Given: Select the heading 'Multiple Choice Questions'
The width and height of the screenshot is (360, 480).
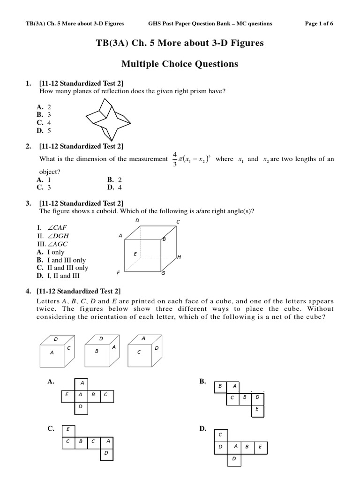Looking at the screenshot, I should coord(180,64).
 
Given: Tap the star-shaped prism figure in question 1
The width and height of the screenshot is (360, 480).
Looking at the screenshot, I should coord(107,115).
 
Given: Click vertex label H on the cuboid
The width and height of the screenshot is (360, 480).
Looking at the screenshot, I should coord(179,257).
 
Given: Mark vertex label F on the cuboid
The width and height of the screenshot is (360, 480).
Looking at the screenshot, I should coord(119,272).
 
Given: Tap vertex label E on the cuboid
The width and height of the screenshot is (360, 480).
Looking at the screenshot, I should coord(135,254).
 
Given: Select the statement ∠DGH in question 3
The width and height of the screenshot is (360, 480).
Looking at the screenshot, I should coord(56,236).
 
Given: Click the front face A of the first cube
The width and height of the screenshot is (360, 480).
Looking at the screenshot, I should coord(52,353).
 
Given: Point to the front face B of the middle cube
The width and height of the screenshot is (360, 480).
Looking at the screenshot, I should coord(96,351).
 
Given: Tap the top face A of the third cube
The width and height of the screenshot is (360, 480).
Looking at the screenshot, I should coord(143,338).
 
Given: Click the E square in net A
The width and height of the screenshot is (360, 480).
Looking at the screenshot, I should coord(67,395).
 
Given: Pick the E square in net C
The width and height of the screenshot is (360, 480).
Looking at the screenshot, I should coord(68,428).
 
